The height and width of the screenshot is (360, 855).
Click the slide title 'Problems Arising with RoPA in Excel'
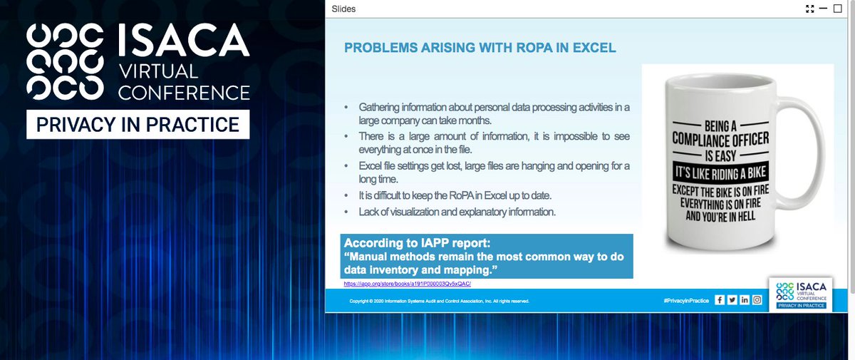click(x=480, y=48)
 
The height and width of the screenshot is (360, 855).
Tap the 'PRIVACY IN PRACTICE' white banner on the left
click(x=138, y=125)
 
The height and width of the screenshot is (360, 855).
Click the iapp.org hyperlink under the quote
click(x=408, y=283)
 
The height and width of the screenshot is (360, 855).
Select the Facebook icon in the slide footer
click(x=720, y=300)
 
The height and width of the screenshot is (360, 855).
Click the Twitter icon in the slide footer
click(x=732, y=300)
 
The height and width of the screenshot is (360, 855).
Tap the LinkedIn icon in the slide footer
click(x=745, y=300)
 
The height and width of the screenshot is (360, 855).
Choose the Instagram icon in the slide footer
click(x=757, y=300)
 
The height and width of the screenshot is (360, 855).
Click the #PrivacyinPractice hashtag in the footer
click(x=685, y=301)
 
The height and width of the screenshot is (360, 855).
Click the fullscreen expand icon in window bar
click(x=809, y=9)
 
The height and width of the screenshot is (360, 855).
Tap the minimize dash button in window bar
click(x=824, y=9)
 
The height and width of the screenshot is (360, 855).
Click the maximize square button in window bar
click(x=838, y=9)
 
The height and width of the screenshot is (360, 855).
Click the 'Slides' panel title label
click(x=343, y=9)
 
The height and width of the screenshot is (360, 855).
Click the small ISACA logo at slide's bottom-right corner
click(x=802, y=294)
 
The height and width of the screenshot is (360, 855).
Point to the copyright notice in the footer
click(x=439, y=302)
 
